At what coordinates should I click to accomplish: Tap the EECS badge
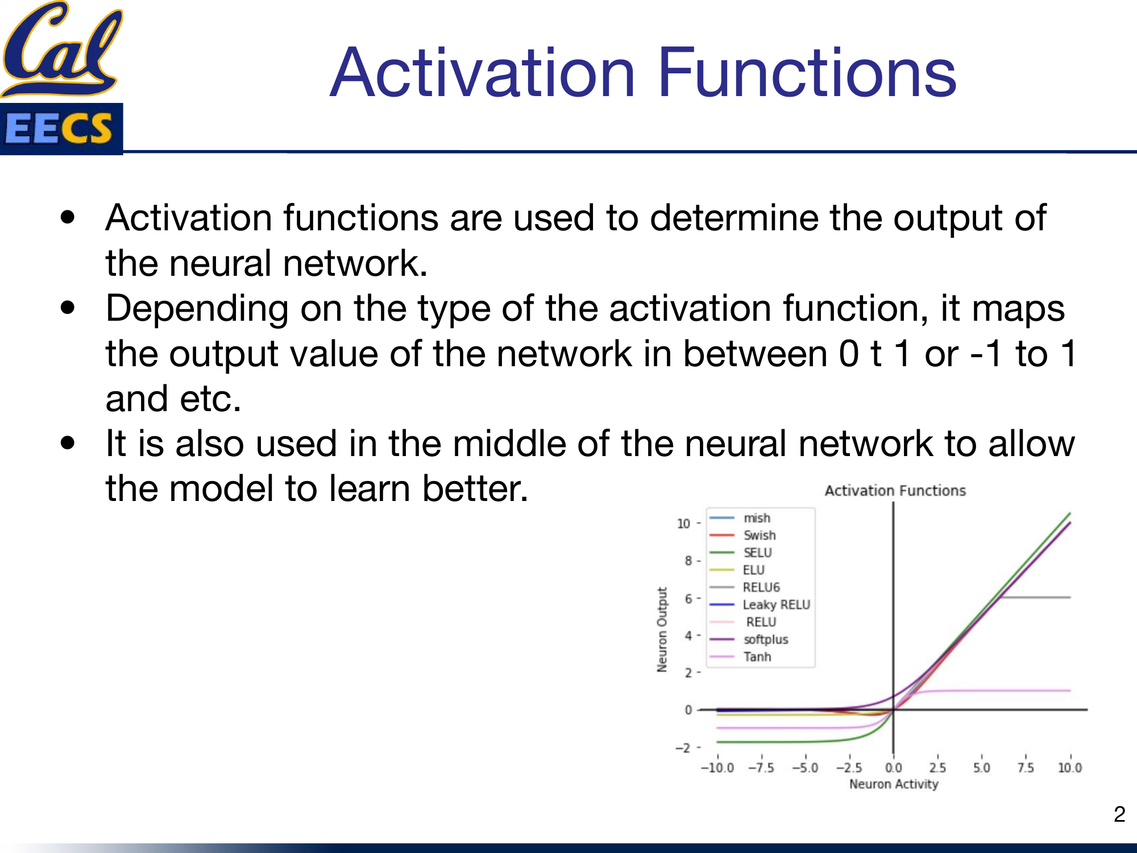coord(61,129)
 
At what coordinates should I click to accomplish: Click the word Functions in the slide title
coord(807,73)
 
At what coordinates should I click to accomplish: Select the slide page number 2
coord(1119,814)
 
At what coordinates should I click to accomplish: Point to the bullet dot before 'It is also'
coord(68,443)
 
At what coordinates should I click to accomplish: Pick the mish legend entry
coord(740,518)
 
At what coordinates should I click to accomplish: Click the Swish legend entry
coord(742,535)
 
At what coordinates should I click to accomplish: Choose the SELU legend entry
coord(740,552)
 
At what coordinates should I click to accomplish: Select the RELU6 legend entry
coord(744,587)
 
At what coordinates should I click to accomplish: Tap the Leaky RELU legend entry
coord(760,604)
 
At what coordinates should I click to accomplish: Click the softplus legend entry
coord(749,639)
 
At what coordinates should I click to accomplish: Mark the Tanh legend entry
coord(740,657)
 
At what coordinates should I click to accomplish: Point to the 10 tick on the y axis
coord(684,523)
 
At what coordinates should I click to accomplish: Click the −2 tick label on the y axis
coord(683,748)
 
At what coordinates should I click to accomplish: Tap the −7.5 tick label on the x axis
coord(761,768)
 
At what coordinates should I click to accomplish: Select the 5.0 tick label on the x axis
coord(982,768)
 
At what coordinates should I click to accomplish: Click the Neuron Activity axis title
coord(894,784)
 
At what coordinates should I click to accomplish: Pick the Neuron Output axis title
coord(662,630)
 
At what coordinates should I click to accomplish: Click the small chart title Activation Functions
coord(895,491)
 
